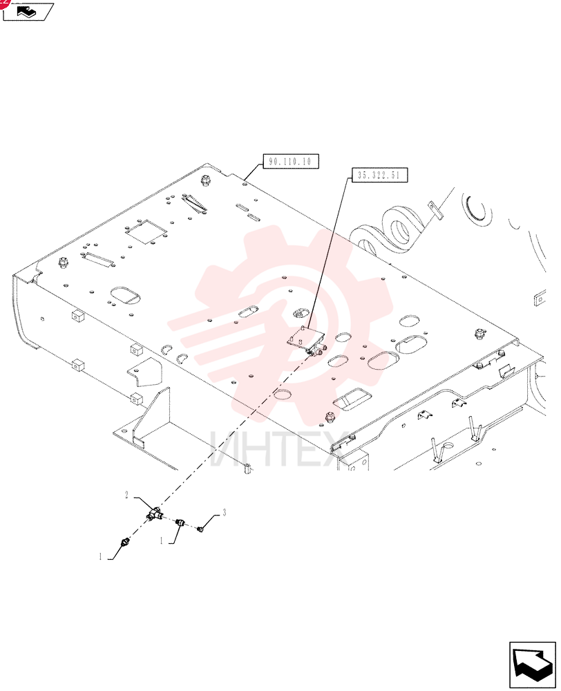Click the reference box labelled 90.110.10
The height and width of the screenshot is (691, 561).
click(x=291, y=161)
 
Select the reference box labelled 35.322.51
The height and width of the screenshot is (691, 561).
click(x=379, y=175)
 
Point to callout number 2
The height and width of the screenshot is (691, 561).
click(x=126, y=495)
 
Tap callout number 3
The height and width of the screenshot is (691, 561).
click(x=225, y=513)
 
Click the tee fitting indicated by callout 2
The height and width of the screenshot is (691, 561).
click(x=154, y=513)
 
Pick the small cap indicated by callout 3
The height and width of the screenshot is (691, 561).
click(x=200, y=528)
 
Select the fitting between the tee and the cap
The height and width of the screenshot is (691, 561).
click(x=180, y=522)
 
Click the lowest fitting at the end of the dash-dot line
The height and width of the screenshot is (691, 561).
click(x=124, y=541)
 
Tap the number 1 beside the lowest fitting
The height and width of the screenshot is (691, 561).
click(x=100, y=556)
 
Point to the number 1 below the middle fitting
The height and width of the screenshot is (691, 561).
click(x=161, y=540)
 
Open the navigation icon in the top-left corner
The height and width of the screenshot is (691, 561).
click(x=28, y=11)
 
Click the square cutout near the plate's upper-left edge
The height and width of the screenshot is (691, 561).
click(x=145, y=231)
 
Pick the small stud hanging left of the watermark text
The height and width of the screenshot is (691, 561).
click(x=247, y=469)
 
